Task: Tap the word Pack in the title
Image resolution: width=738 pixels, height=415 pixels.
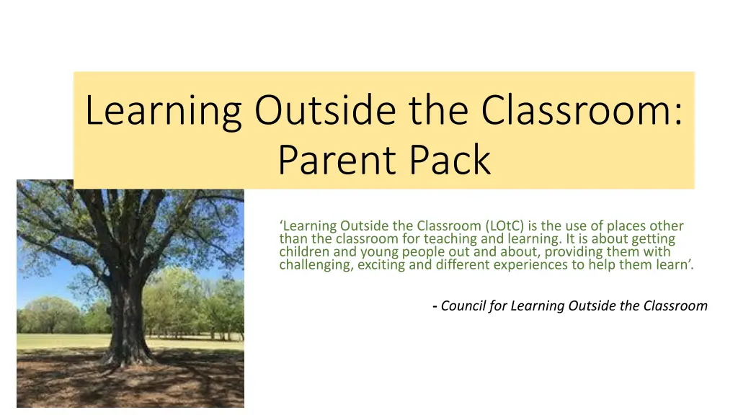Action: [450, 160]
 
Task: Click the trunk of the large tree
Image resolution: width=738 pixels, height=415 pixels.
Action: [127, 311]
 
